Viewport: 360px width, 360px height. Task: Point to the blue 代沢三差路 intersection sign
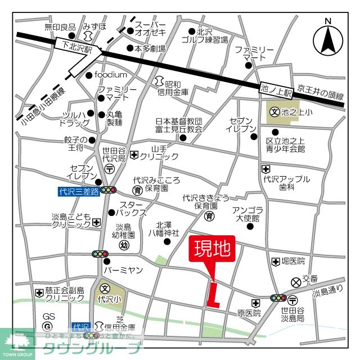[x=78, y=191]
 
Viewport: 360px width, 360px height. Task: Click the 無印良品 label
[x=60, y=27]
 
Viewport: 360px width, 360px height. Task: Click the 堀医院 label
[x=293, y=262]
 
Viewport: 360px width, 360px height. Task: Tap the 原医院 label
[x=249, y=312]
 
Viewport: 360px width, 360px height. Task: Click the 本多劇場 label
[x=150, y=49]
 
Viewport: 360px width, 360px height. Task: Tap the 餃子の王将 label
[x=75, y=144]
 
